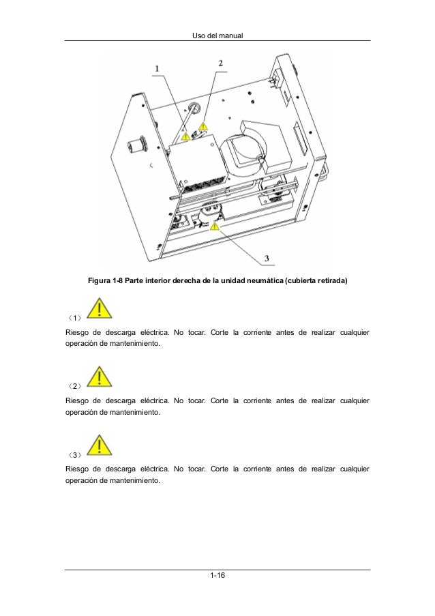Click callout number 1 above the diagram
pos(157,69)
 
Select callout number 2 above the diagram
pos(221,63)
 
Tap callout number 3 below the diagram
pos(267,258)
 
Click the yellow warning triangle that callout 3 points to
pos(214,226)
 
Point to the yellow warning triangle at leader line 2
pos(203,126)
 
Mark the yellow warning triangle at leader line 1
pos(185,136)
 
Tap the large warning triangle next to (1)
pos(100,308)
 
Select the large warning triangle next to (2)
pos(100,377)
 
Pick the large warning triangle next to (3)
pos(100,445)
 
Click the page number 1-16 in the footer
pos(217,575)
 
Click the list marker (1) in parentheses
pos(74,317)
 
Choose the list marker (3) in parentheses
pos(74,454)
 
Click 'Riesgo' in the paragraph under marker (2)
pos(77,401)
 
